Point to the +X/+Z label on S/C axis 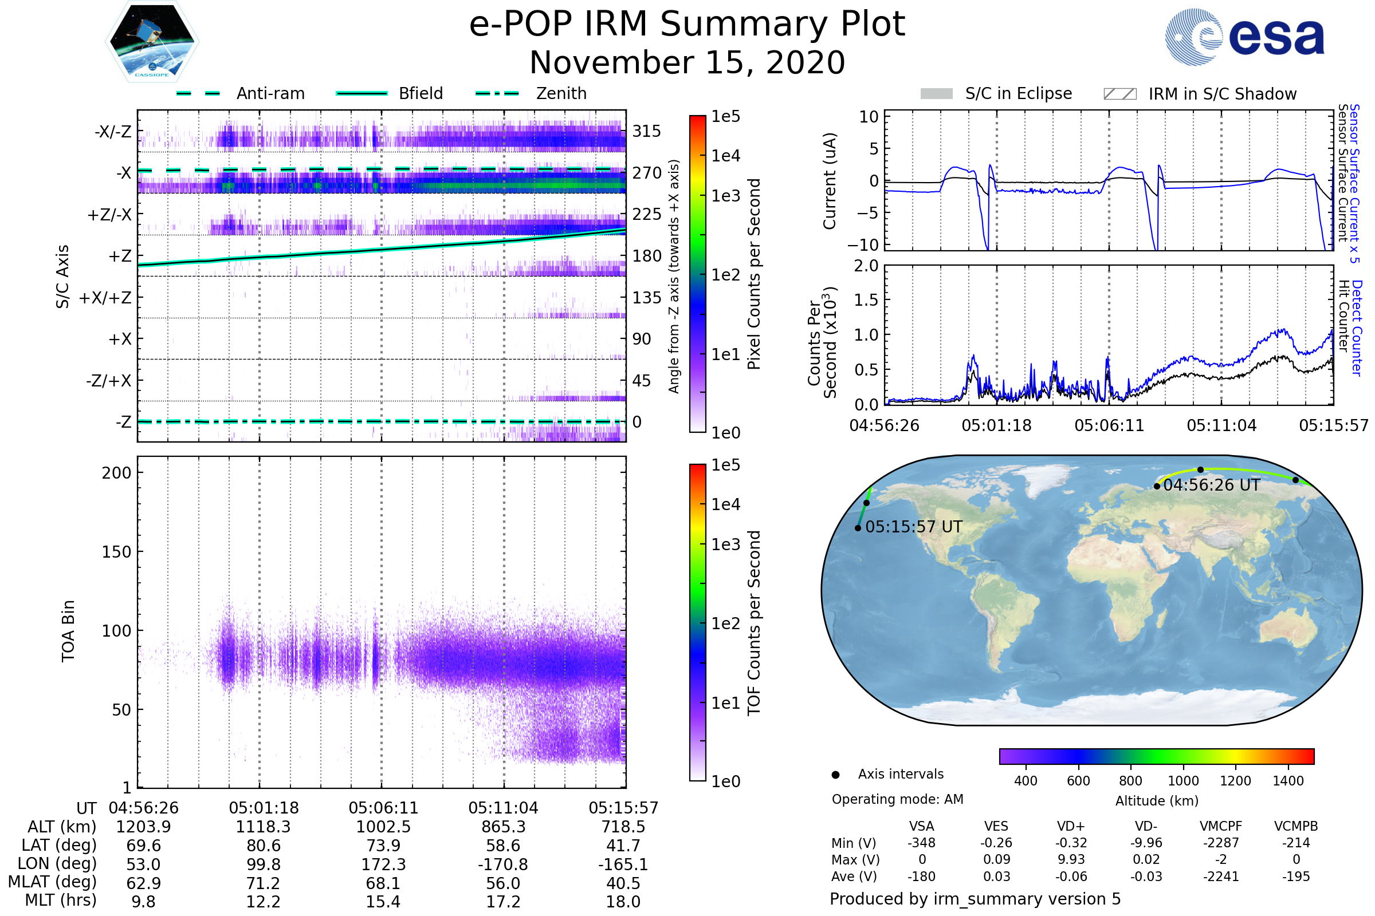[x=105, y=298]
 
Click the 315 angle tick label [x=646, y=131]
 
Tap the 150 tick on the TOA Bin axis [x=116, y=552]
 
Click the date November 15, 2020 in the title [x=687, y=62]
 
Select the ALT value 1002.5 [x=383, y=827]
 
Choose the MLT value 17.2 [x=503, y=901]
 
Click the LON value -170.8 [x=503, y=864]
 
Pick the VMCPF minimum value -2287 [x=1221, y=843]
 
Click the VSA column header [x=921, y=826]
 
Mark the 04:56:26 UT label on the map [x=1211, y=485]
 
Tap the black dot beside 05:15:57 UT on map [x=858, y=528]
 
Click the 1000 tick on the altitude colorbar [x=1182, y=781]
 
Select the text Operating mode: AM [x=897, y=799]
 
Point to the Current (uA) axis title [x=830, y=181]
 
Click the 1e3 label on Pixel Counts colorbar [x=725, y=196]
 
